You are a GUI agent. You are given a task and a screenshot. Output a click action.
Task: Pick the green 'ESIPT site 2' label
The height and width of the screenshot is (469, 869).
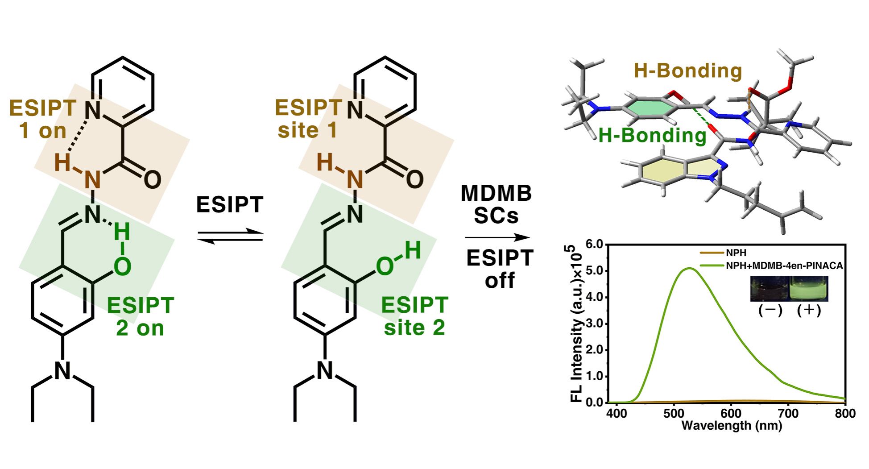point(414,316)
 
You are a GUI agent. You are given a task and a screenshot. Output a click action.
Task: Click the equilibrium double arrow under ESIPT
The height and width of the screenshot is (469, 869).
point(230,236)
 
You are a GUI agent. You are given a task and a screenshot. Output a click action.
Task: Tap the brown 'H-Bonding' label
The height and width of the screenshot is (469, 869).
point(687,71)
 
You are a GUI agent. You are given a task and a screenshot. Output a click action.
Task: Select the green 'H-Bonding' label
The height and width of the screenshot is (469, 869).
point(652,135)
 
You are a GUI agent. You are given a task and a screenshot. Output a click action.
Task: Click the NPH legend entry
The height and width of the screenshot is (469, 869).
point(736,253)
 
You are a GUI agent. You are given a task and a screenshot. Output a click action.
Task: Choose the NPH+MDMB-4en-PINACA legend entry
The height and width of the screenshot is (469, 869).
point(784,266)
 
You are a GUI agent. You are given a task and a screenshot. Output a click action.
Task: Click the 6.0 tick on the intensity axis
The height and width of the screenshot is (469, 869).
point(594,244)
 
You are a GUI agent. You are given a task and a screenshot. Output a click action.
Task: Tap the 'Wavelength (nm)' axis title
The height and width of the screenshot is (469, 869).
point(732,426)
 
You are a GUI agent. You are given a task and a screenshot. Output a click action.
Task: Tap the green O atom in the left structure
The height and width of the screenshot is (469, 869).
point(122,266)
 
